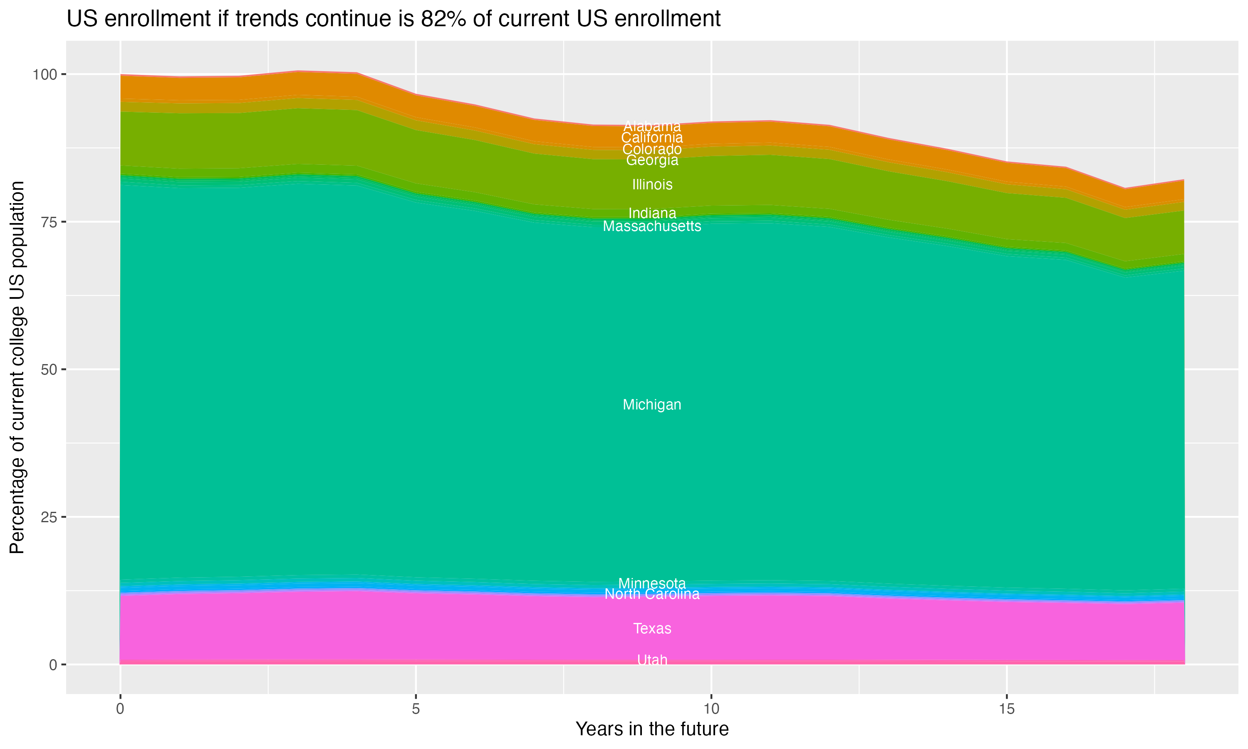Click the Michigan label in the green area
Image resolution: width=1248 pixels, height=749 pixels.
click(652, 405)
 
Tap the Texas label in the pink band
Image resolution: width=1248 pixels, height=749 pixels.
click(652, 628)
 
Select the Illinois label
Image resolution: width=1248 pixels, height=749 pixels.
click(652, 184)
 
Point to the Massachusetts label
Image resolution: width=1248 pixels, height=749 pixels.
click(652, 226)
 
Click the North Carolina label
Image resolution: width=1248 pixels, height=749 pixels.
click(652, 594)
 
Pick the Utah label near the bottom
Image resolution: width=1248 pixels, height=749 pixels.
click(652, 660)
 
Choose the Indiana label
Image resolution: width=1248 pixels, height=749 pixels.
click(652, 213)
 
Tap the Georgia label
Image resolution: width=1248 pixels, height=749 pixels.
click(652, 160)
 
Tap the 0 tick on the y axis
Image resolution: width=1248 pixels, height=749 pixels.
click(53, 665)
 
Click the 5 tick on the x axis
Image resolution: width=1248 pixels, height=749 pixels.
click(416, 709)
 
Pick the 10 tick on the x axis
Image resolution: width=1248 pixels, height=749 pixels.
click(711, 709)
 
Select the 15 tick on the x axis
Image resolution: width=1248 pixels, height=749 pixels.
click(1006, 709)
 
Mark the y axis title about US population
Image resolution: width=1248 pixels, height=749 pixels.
click(17, 367)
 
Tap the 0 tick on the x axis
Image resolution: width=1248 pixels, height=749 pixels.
click(120, 709)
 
